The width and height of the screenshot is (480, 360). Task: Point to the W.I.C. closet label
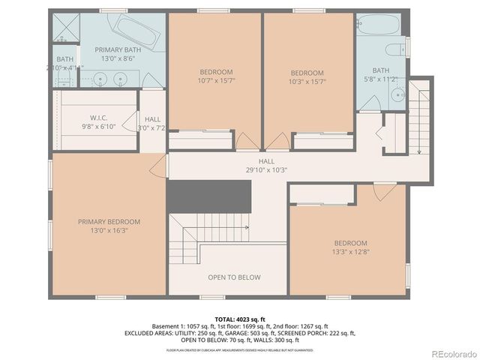tap(99, 118)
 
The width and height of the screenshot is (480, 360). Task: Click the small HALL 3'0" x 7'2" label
tap(152, 124)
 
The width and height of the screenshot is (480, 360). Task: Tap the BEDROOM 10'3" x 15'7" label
tap(307, 77)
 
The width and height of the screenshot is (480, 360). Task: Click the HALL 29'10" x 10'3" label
tap(267, 165)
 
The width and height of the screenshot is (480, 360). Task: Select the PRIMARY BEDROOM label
tap(109, 226)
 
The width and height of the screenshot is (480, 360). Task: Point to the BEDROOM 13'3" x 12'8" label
tap(350, 247)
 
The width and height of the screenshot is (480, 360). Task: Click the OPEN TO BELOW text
tap(234, 277)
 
